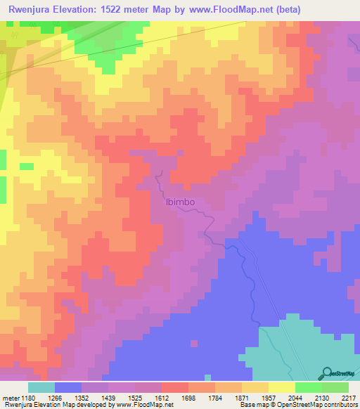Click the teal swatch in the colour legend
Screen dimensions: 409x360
[41, 387]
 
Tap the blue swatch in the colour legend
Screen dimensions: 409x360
[68, 387]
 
